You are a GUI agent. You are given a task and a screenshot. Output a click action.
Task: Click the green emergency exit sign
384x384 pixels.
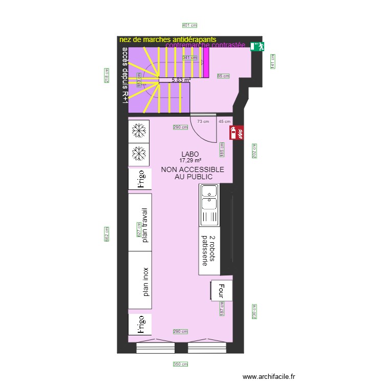pyautogui.click(x=257, y=47)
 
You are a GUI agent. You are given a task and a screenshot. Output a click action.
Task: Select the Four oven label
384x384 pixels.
pyautogui.click(x=222, y=290)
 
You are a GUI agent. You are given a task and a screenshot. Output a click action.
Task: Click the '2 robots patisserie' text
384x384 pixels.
pyautogui.click(x=208, y=251)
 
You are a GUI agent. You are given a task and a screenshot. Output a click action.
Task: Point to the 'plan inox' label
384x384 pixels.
pyautogui.click(x=145, y=282)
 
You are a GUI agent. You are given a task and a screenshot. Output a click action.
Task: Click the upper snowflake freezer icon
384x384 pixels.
pyautogui.click(x=139, y=131)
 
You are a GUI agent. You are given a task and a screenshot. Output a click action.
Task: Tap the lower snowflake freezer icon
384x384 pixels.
pyautogui.click(x=139, y=154)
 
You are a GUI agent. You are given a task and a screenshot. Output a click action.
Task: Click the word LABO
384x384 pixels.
pyautogui.click(x=189, y=154)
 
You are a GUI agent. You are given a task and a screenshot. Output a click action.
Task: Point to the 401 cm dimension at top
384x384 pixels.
pyautogui.click(x=189, y=25)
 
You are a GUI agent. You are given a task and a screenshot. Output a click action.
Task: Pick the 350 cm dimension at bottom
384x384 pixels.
pyautogui.click(x=180, y=365)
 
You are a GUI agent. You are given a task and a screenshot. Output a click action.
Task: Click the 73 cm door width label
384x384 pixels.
pyautogui.click(x=203, y=121)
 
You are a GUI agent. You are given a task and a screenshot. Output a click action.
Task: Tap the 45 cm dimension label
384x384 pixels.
pyautogui.click(x=224, y=121)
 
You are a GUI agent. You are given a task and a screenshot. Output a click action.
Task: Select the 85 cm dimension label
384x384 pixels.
pyautogui.click(x=223, y=76)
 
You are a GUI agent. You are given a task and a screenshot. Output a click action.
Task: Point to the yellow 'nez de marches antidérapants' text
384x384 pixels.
pyautogui.click(x=167, y=39)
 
